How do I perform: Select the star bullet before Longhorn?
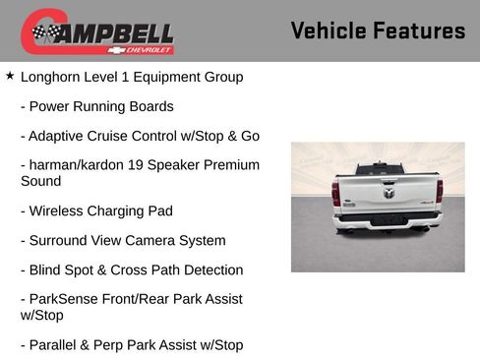(10, 75)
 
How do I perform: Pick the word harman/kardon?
(71, 165)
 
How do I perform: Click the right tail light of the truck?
(439, 192)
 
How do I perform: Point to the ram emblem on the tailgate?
(387, 190)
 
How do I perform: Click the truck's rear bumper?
(387, 219)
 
